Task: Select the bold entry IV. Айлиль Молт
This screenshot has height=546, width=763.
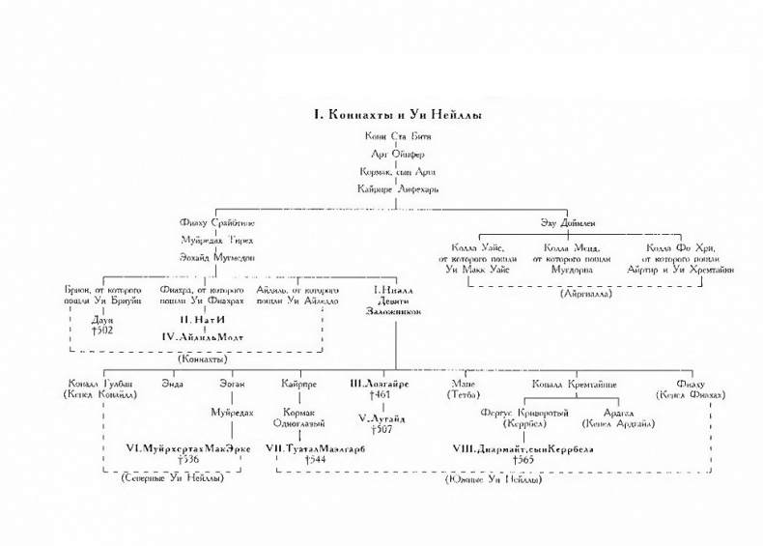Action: pyautogui.click(x=203, y=336)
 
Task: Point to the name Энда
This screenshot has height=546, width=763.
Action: pyautogui.click(x=173, y=385)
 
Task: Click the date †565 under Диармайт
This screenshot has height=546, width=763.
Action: pyautogui.click(x=523, y=460)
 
